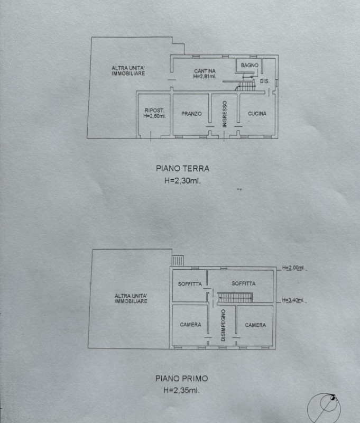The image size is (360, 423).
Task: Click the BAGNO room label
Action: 250,65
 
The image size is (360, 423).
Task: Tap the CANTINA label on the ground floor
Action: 205,71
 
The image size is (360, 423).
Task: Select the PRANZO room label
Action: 191,114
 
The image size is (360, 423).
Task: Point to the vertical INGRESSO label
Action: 225,114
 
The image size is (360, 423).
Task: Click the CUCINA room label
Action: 257,114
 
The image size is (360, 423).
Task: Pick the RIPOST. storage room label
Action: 154,111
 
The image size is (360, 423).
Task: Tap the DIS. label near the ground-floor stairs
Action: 264,81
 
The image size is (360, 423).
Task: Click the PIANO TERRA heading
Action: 182,169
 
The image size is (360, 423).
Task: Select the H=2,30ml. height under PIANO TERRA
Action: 182,181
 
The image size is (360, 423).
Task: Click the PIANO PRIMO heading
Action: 181,379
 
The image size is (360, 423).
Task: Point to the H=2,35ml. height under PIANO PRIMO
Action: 181,390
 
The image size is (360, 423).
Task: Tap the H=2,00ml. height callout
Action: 293,268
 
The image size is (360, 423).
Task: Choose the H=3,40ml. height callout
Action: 293,300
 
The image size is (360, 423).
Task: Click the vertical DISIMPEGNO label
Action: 223,325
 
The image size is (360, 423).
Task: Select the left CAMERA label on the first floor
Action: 190,325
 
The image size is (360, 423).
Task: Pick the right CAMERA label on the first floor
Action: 255,325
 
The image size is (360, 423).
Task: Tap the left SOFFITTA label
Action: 190,284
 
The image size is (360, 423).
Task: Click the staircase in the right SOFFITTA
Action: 235,298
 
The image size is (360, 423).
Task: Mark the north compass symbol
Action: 324,408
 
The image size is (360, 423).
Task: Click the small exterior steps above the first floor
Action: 178,261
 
